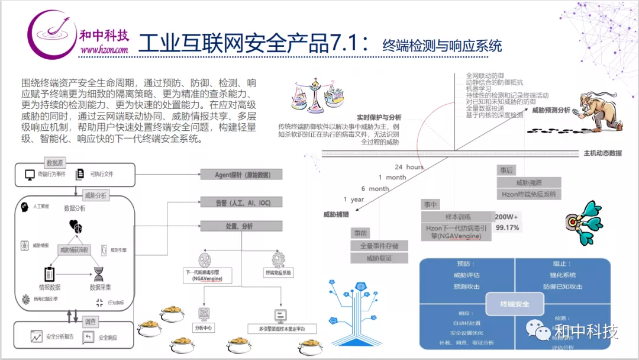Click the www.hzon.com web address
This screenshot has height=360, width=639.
click(x=104, y=50)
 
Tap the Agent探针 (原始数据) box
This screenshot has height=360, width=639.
click(x=241, y=174)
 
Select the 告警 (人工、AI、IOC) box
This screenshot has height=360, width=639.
click(x=241, y=202)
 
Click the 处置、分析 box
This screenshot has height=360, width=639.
click(x=241, y=226)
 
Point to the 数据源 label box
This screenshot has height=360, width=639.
click(x=55, y=162)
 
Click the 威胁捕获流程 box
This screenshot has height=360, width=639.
click(x=74, y=250)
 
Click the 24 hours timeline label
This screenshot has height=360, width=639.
click(x=409, y=167)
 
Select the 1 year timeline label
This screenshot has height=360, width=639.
click(x=354, y=200)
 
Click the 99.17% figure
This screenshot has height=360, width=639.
click(x=508, y=227)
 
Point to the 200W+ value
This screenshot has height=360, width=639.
click(x=506, y=217)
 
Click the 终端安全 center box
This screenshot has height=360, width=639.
click(x=514, y=304)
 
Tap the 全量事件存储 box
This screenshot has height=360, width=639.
click(x=379, y=246)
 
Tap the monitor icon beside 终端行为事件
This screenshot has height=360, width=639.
click(x=30, y=175)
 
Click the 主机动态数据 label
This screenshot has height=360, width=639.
click(x=602, y=153)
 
